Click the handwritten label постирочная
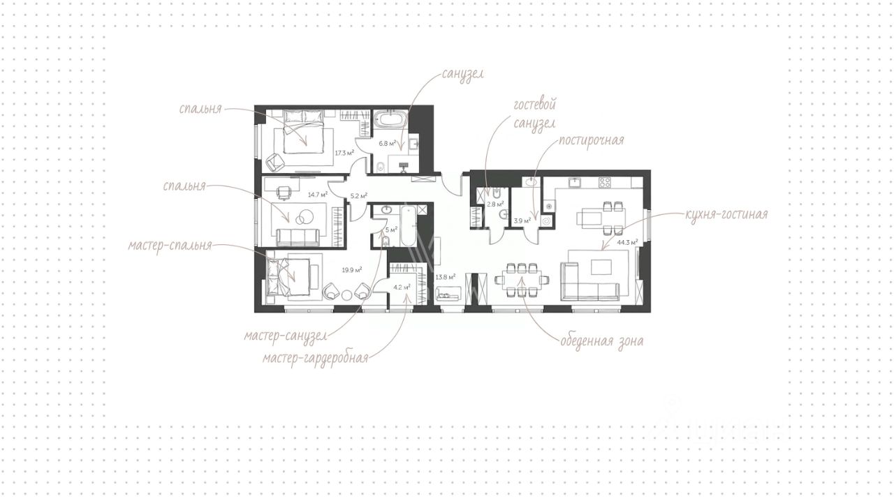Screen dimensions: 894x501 (591, 141)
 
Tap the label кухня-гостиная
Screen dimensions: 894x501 (726, 215)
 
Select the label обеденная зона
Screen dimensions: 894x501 (602, 341)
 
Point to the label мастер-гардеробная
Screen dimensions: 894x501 (315, 358)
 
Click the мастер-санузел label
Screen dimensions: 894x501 (286, 336)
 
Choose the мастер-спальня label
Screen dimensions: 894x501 (170, 246)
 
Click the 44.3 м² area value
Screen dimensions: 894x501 (627, 242)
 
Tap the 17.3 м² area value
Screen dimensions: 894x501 (344, 153)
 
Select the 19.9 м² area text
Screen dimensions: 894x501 (351, 270)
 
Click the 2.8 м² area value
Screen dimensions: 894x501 (495, 204)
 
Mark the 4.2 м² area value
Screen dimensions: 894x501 (402, 287)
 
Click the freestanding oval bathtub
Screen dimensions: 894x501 (393, 119)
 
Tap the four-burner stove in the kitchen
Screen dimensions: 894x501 (605, 182)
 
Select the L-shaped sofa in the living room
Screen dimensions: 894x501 (589, 281)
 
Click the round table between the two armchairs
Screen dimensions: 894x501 (346, 295)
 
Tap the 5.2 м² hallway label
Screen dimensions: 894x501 (358, 196)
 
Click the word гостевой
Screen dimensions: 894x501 (534, 105)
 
